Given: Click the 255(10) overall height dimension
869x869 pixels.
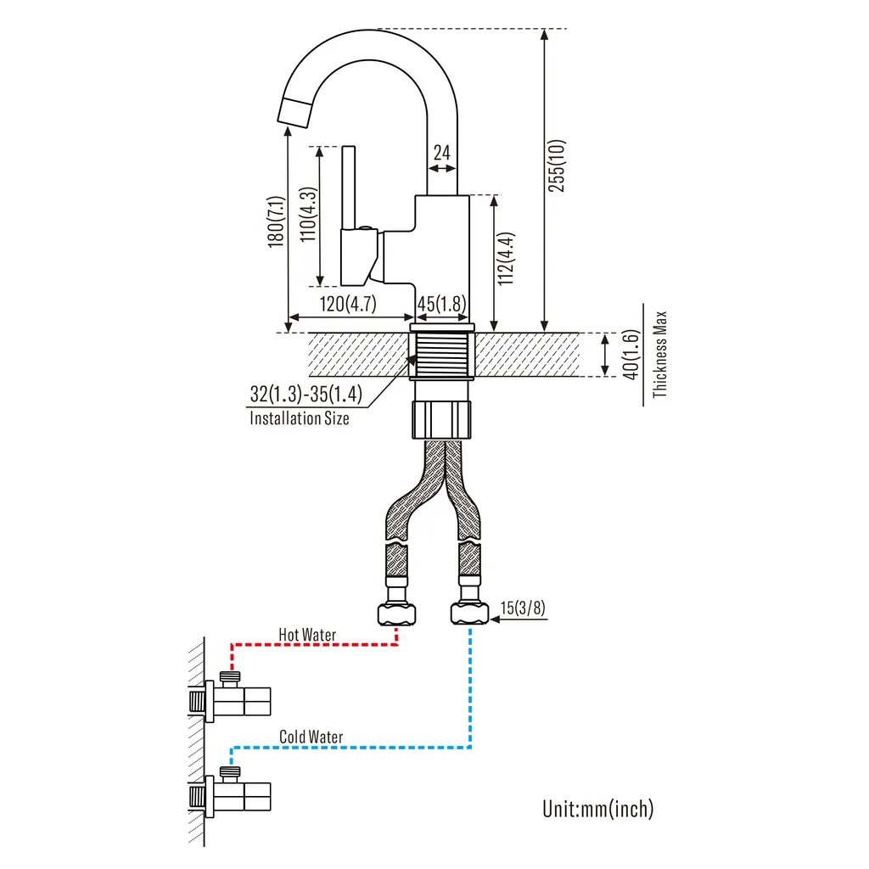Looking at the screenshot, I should point(557,165).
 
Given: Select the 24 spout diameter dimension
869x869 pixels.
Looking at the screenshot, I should point(442,153).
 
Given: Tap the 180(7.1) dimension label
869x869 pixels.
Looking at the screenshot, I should point(276,222).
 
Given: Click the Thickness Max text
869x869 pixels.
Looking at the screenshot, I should point(659,354).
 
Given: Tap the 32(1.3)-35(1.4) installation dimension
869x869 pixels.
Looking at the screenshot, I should point(306,395).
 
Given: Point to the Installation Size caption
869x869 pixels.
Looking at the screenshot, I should point(299,418).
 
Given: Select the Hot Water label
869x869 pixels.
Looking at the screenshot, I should point(307,635).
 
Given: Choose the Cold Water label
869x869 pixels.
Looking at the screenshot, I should point(311,737).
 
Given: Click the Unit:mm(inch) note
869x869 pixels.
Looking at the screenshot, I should point(598,809).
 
